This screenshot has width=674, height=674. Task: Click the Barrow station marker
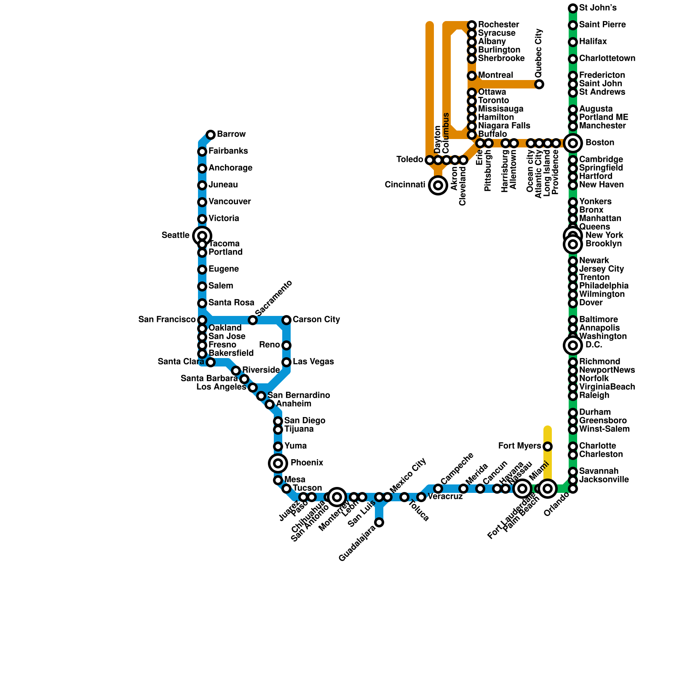(211, 135)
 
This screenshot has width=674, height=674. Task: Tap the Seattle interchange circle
(202, 235)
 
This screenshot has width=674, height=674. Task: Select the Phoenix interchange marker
(278, 463)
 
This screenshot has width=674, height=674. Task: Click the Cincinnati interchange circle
(438, 185)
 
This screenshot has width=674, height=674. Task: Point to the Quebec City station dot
(539, 84)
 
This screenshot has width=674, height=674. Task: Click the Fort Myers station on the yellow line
(548, 447)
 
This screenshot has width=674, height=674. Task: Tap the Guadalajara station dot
(379, 522)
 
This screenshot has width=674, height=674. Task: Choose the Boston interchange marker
(573, 143)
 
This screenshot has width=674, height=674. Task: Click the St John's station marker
(573, 8)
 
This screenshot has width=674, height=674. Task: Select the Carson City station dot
(286, 320)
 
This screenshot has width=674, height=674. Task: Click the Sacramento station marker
(253, 320)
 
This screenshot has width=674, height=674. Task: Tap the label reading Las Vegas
(313, 362)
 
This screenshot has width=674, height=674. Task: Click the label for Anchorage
(230, 168)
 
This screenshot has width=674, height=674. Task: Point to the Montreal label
(495, 75)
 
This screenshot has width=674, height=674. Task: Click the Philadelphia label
(604, 286)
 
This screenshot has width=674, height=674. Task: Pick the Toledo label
(409, 160)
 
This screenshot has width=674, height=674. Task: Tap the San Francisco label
(167, 320)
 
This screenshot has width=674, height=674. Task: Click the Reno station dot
(286, 345)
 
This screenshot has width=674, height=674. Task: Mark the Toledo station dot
(430, 160)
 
